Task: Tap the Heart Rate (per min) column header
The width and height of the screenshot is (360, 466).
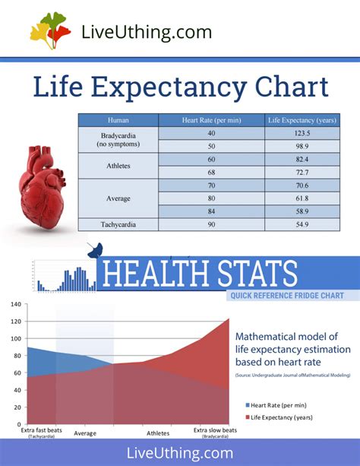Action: point(211,120)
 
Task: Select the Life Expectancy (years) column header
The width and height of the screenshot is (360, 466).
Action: point(302,120)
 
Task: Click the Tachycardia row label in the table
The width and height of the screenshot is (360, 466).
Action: point(118,225)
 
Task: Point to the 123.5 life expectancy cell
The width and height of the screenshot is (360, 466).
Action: point(302,134)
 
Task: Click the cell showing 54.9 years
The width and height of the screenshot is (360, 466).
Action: point(302,225)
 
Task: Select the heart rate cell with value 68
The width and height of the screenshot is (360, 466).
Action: point(211,173)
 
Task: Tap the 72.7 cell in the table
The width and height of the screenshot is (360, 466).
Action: point(302,173)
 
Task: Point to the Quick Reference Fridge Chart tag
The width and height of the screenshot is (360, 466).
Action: point(285,296)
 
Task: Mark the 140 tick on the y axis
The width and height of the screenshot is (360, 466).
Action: point(15,304)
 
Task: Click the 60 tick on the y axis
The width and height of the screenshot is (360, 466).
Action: point(15,372)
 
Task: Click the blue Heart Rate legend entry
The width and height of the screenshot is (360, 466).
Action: point(276,406)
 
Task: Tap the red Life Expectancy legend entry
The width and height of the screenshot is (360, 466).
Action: point(281,417)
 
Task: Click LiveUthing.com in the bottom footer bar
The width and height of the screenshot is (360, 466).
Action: point(180,452)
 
